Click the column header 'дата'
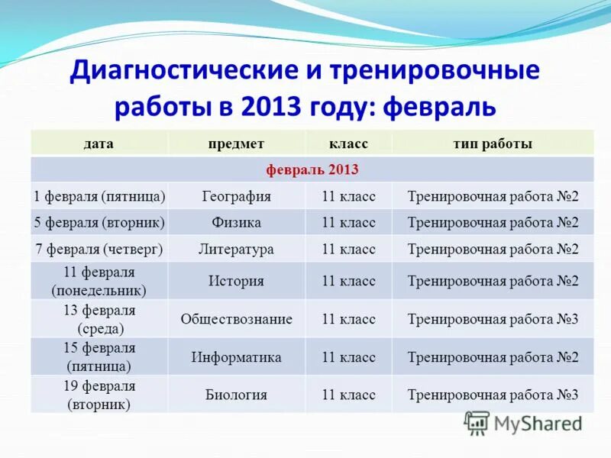(x=99, y=144)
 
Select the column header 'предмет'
(x=236, y=144)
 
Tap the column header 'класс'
(x=348, y=144)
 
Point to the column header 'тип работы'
(x=493, y=144)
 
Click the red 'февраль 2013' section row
(x=312, y=169)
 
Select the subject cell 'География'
(x=236, y=196)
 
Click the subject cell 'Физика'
(x=236, y=222)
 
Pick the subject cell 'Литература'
(x=236, y=249)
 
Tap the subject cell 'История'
(x=236, y=280)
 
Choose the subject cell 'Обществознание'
(x=236, y=318)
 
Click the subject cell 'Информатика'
(x=236, y=356)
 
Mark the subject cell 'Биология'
(x=236, y=395)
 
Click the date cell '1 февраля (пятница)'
(x=99, y=196)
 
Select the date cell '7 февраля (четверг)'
(x=99, y=249)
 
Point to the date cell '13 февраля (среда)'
(x=99, y=319)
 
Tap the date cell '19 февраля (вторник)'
(x=99, y=395)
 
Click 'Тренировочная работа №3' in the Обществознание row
(x=493, y=318)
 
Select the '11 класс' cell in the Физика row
(x=348, y=222)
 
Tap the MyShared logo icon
(x=477, y=423)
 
